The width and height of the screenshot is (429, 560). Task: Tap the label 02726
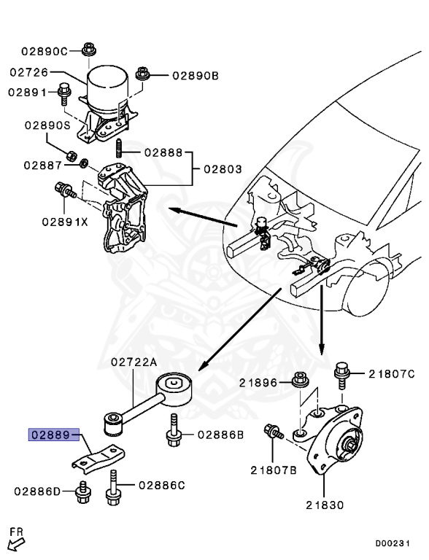(28, 72)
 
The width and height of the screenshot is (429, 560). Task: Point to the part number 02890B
(196, 75)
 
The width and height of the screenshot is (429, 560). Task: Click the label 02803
(223, 169)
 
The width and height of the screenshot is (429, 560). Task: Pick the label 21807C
(391, 374)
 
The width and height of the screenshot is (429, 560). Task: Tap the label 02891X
(64, 221)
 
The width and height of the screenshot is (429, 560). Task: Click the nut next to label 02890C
(89, 50)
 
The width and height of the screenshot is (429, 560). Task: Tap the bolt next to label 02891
(64, 92)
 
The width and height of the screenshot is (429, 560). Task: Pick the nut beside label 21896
(298, 380)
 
